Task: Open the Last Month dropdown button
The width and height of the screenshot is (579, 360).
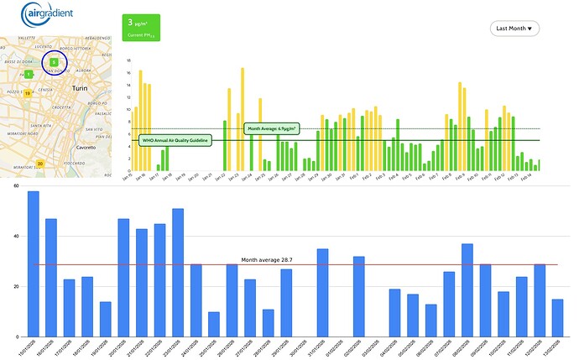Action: click(515, 28)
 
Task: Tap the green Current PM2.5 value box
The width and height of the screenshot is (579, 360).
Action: click(142, 28)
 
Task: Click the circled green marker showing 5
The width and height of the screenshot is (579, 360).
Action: click(53, 61)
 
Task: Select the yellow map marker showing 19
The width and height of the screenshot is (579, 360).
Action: click(28, 93)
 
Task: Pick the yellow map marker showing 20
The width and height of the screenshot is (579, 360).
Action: click(40, 163)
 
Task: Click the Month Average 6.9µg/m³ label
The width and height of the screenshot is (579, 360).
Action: click(273, 128)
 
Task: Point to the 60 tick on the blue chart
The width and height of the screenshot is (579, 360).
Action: click(13, 184)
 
